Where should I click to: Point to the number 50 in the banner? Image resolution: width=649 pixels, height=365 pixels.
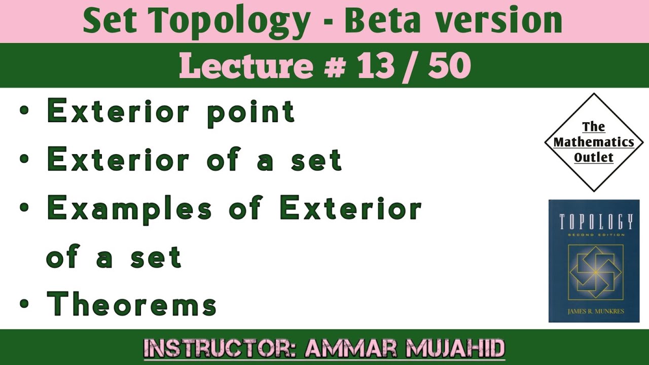click(x=449, y=66)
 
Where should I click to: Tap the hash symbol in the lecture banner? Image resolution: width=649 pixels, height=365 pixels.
click(x=334, y=66)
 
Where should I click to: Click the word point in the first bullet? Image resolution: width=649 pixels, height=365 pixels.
click(x=251, y=112)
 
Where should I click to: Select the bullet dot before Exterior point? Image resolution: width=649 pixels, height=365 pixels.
click(x=24, y=111)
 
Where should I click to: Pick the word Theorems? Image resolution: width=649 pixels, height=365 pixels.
click(x=132, y=304)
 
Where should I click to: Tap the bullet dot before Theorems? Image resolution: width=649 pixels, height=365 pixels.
click(x=24, y=304)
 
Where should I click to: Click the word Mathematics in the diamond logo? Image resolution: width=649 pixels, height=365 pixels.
click(x=594, y=142)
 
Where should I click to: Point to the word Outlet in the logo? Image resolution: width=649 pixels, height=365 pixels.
click(x=594, y=157)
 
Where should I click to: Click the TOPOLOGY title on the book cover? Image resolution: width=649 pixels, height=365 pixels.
click(x=594, y=222)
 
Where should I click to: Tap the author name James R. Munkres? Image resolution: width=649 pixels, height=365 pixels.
click(x=594, y=310)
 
